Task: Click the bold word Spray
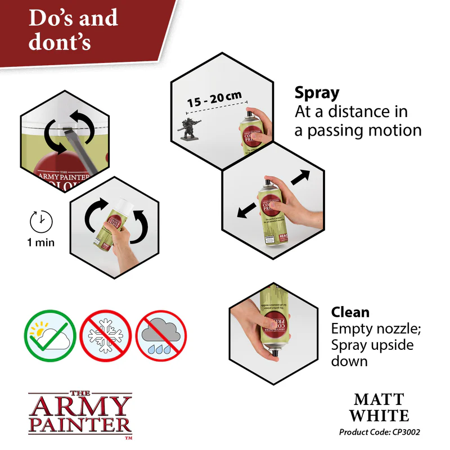coord(317,93)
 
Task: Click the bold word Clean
coord(350,312)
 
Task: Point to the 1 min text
coord(40,243)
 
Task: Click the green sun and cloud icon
coord(49,336)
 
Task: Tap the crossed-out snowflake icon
coord(106,336)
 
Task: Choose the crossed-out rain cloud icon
coord(161,336)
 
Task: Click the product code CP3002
coord(380,432)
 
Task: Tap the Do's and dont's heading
coord(73,29)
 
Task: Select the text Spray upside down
coord(372,352)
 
